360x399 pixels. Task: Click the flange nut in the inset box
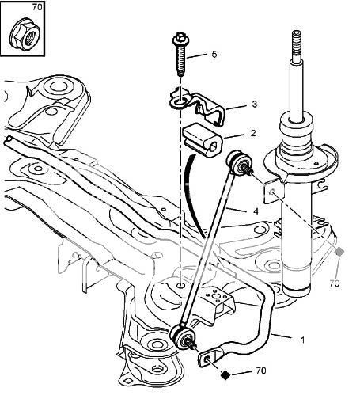click(x=25, y=34)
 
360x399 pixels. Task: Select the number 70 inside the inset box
click(x=37, y=7)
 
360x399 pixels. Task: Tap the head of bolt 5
click(x=180, y=40)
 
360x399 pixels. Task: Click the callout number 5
click(x=214, y=55)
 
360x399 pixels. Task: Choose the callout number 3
click(x=254, y=104)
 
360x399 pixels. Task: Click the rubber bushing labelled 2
click(x=203, y=140)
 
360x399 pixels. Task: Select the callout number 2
click(x=253, y=133)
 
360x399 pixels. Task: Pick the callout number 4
click(x=256, y=211)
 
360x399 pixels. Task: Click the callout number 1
click(x=302, y=340)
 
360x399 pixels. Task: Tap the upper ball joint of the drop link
click(x=238, y=163)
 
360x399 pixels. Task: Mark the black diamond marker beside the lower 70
click(x=225, y=374)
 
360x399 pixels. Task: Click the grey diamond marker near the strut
click(x=339, y=252)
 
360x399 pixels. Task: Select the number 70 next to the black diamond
click(x=261, y=370)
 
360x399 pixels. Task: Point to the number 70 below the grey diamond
click(x=335, y=283)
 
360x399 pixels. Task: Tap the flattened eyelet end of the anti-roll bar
click(x=207, y=358)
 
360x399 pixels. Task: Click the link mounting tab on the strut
click(x=274, y=191)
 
